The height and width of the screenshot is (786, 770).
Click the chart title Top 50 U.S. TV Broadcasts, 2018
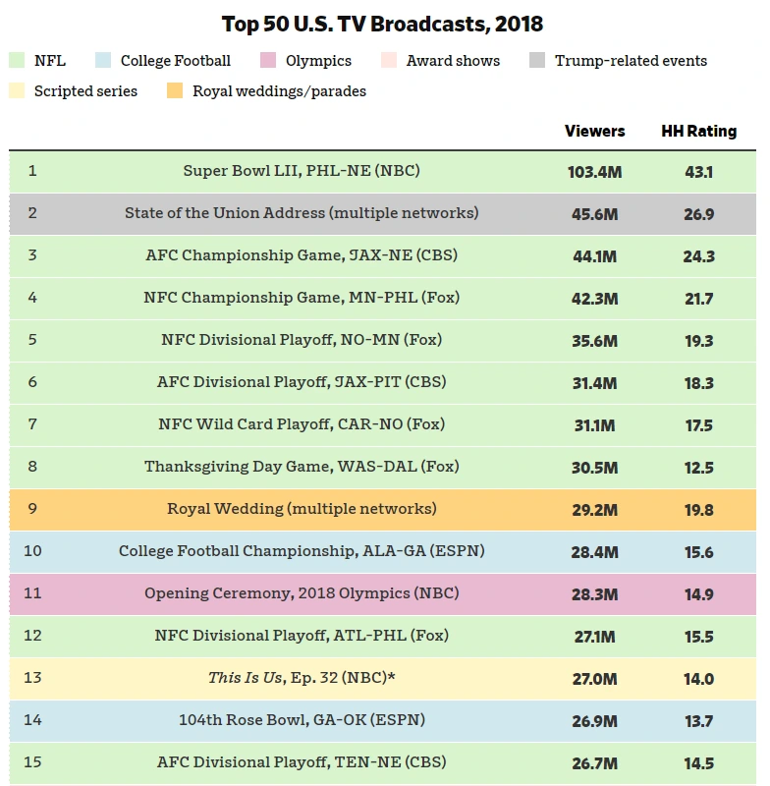pyautogui.click(x=382, y=24)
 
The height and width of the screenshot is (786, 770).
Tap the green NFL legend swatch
pyautogui.click(x=17, y=61)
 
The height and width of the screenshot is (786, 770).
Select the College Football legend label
pyautogui.click(x=175, y=61)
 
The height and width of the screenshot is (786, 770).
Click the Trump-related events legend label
pyautogui.click(x=631, y=61)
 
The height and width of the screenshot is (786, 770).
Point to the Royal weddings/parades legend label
pyautogui.click(x=279, y=91)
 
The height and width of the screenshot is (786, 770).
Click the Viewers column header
pyautogui.click(x=594, y=131)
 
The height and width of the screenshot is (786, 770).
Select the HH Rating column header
pyautogui.click(x=698, y=131)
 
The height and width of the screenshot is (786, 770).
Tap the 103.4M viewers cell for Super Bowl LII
pyautogui.click(x=594, y=172)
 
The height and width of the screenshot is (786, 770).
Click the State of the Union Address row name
pyautogui.click(x=302, y=213)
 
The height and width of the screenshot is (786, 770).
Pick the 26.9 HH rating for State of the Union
pyautogui.click(x=698, y=214)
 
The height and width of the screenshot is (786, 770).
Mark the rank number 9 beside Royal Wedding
pyautogui.click(x=31, y=509)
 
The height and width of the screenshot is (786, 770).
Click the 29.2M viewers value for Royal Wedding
pyautogui.click(x=594, y=510)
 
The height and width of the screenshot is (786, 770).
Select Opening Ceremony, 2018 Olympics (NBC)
pyautogui.click(x=302, y=593)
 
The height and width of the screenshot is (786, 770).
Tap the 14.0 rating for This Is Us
pyautogui.click(x=698, y=679)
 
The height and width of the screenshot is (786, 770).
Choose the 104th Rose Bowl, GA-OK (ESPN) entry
pyautogui.click(x=302, y=720)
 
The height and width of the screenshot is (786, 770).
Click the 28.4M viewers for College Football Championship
pyautogui.click(x=594, y=552)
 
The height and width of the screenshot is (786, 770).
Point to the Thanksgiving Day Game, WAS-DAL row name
pyautogui.click(x=302, y=467)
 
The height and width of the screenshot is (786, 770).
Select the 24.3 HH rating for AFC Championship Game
pyautogui.click(x=698, y=256)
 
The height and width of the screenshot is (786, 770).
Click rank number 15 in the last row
pyautogui.click(x=32, y=762)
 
